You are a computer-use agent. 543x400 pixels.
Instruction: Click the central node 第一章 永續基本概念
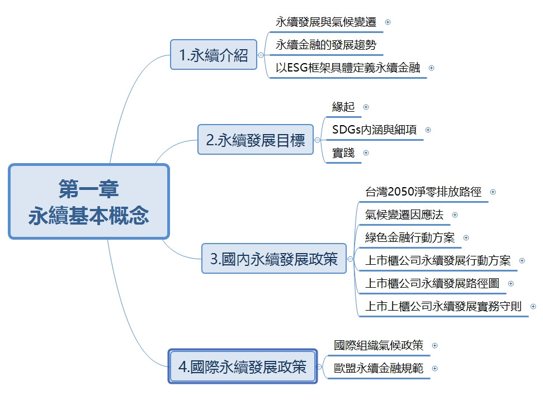pos(88,201)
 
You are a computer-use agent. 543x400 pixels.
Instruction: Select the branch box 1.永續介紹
pos(214,55)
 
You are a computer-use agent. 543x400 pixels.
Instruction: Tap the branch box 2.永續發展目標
pos(256,140)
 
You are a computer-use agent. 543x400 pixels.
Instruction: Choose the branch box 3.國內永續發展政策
pos(274,259)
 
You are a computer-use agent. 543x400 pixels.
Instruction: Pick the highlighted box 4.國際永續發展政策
pos(243,366)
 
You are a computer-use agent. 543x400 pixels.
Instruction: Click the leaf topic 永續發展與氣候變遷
pos(326,22)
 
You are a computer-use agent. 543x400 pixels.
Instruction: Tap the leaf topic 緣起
pos(343,106)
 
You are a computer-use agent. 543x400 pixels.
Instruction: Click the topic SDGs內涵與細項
pos(374,130)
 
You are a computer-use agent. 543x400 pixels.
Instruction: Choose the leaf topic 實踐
pos(343,153)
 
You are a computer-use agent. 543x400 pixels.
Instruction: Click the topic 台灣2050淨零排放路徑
pos(423,192)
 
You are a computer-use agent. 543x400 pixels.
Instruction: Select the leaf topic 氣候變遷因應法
pos(404,215)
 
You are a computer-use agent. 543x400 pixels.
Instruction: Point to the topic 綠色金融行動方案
pos(410,237)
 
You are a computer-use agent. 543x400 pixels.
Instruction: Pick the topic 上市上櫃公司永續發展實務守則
pos(443,306)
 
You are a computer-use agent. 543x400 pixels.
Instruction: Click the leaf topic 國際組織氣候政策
pos(379,345)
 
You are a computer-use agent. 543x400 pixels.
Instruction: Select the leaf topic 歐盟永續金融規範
pos(379,368)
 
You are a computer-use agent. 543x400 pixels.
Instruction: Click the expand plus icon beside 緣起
pos(366,107)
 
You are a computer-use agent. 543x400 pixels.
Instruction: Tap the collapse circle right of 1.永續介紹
pos(261,55)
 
